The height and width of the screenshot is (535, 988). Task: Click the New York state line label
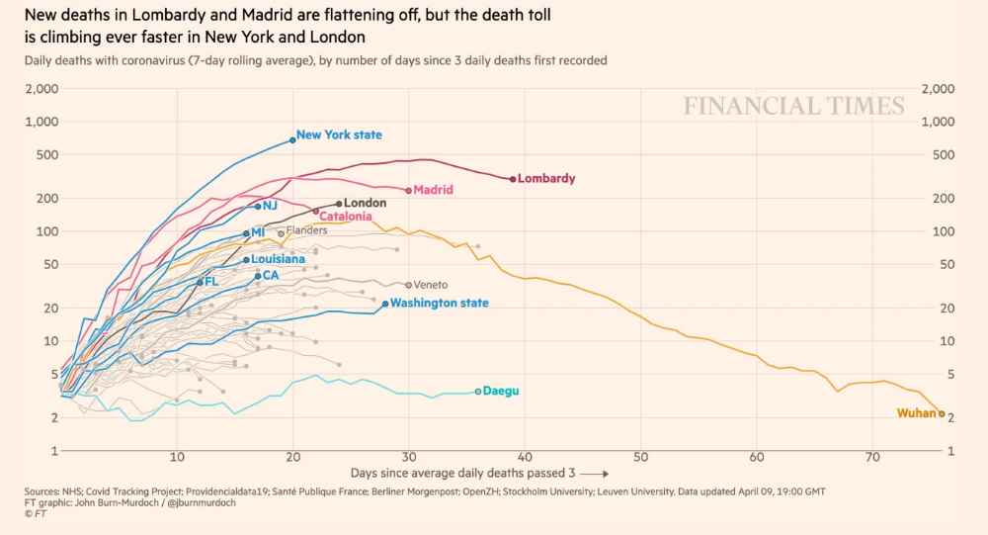point(339,135)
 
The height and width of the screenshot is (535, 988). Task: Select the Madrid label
point(433,190)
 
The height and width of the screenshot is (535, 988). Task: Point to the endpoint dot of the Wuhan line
point(942,413)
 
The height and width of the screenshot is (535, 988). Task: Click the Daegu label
point(501,391)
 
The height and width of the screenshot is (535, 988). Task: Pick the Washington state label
point(439,303)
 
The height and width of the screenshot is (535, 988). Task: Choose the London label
point(365,203)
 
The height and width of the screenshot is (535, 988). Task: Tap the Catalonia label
point(345,216)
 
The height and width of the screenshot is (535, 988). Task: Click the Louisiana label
point(278,259)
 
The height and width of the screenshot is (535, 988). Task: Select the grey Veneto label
point(431,285)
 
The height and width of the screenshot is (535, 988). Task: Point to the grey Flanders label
point(306,230)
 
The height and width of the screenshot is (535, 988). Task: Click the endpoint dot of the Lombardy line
point(513,179)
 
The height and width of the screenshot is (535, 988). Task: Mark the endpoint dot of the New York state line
point(292,140)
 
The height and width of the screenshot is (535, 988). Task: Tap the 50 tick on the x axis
point(640,457)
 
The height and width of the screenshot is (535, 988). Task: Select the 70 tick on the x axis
point(872,457)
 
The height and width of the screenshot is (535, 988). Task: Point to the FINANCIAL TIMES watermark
point(793,107)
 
